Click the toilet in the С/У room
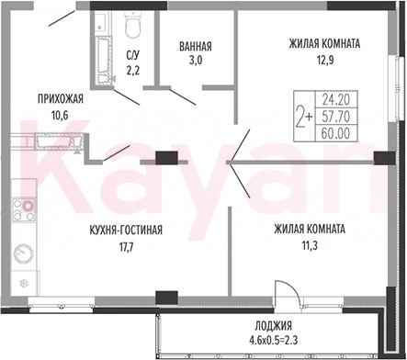click(x=132, y=25)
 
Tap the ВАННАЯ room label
click(x=196, y=47)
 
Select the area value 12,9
click(x=325, y=61)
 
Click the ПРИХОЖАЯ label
click(x=61, y=99)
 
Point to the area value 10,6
click(x=60, y=116)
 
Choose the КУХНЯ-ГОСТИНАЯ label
click(x=126, y=230)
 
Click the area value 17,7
click(x=126, y=246)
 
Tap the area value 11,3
click(x=310, y=245)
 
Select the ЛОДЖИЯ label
click(x=274, y=326)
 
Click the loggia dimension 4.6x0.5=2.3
click(x=274, y=340)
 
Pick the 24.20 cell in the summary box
click(x=336, y=99)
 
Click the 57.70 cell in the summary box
click(x=336, y=116)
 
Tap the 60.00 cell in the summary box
click(x=336, y=133)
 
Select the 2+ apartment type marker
click(x=304, y=116)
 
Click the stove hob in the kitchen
click(x=24, y=210)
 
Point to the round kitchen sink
click(x=23, y=253)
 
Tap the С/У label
click(x=133, y=55)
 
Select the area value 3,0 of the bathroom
click(x=196, y=61)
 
